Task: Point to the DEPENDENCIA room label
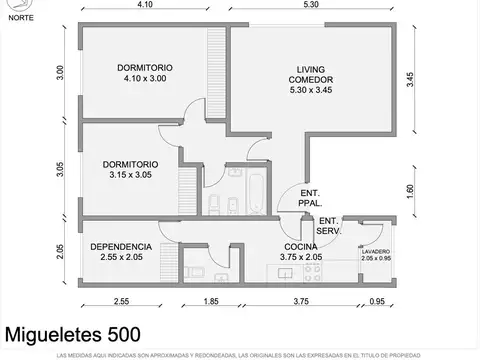pos(121,251)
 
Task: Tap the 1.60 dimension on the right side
pos(410,192)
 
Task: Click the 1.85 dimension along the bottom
pos(211,301)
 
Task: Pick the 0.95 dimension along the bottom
pos(376,301)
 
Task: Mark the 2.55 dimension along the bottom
pos(121,301)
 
